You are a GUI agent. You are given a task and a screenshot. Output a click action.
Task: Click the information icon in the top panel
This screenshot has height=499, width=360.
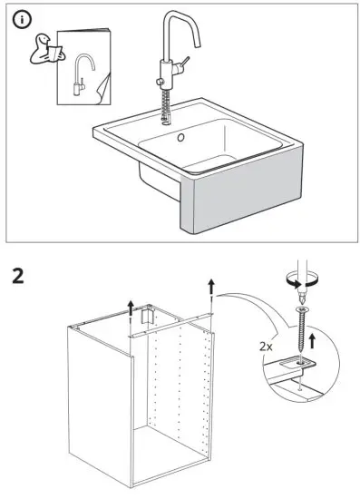tap(22, 20)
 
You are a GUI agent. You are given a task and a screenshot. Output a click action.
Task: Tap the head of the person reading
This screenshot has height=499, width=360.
tap(44, 39)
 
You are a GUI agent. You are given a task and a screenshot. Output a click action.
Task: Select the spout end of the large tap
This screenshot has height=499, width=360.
tap(197, 44)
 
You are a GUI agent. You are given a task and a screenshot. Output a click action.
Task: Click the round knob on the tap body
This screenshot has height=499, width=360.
tap(160, 82)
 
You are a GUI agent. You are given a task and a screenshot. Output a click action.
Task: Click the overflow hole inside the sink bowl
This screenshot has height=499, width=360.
tap(180, 138)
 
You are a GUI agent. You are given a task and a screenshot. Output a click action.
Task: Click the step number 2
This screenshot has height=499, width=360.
tap(18, 276)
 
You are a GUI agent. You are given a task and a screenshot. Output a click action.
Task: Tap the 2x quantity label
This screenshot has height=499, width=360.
tap(266, 347)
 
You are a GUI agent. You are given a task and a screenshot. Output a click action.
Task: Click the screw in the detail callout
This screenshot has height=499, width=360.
tap(301, 331)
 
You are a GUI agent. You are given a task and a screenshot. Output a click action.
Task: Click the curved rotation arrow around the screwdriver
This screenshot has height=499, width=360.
tap(301, 279)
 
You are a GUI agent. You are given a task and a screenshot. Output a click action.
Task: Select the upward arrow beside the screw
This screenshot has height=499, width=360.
tap(312, 340)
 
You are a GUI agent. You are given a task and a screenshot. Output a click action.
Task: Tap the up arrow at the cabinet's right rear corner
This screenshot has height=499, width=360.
tap(211, 287)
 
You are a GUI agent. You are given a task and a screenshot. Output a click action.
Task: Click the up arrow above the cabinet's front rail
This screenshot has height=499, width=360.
tap(131, 308)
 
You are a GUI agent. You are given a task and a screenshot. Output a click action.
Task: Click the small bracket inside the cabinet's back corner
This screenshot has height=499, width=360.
tap(147, 316)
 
